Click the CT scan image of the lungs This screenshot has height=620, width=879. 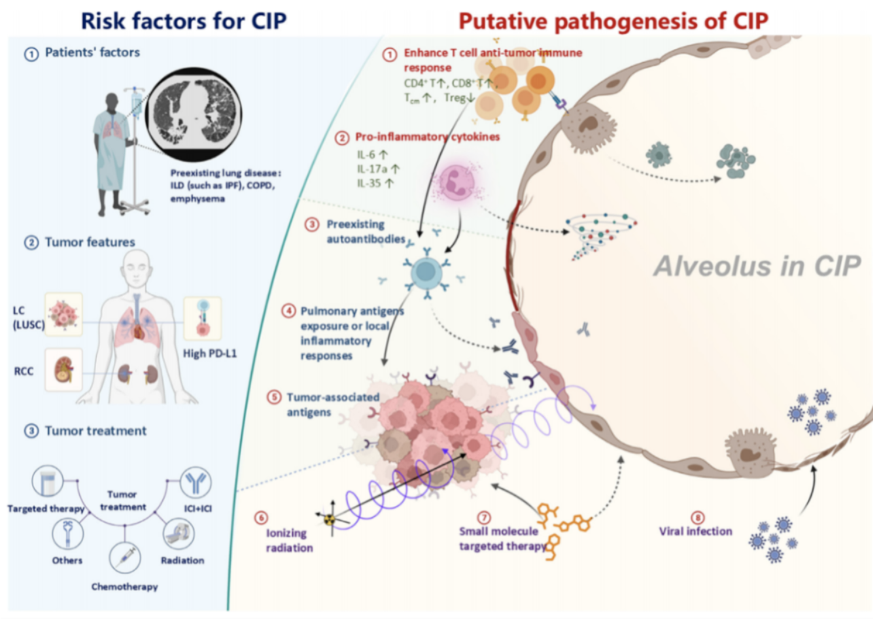194,114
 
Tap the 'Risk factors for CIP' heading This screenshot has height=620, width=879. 184,21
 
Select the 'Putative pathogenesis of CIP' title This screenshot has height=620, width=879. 613,21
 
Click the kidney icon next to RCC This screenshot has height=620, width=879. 63,370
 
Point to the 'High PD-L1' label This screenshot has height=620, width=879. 210,354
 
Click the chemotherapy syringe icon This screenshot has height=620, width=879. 125,558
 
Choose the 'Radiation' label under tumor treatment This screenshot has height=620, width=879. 182,560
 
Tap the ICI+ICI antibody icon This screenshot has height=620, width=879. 196,482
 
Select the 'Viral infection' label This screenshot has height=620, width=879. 695,531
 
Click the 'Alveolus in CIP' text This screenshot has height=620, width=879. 757,266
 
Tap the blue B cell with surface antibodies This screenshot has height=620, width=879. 426,272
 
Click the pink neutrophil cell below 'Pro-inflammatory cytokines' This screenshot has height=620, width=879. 457,182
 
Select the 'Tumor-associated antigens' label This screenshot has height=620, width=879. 333,405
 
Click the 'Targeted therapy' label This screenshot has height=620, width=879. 46,509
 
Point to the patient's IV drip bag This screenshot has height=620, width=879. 137,103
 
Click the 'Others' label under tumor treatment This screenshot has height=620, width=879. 67,560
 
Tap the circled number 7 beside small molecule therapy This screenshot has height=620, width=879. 484,517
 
